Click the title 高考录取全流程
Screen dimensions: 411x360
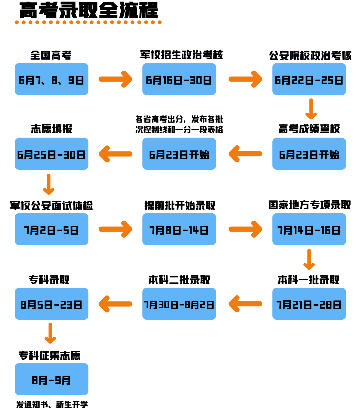88,10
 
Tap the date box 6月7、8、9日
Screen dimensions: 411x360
51,79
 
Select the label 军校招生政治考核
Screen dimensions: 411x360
181,55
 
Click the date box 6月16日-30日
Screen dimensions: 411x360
179,79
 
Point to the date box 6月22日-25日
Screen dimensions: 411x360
309,79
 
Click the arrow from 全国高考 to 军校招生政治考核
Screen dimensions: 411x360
115,79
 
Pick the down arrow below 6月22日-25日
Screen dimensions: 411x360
311,109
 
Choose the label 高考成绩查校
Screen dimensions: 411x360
309,129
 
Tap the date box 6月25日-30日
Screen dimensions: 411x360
51,154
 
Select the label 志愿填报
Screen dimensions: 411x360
51,129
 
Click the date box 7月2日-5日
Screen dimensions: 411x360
51,229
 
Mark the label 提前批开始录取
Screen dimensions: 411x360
180,205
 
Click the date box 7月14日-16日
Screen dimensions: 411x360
309,229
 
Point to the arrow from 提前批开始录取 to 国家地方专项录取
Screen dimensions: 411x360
245,229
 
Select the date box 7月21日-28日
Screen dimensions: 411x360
309,304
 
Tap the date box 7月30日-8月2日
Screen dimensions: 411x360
179,304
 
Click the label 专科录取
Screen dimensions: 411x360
49,280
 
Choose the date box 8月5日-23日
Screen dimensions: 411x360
51,304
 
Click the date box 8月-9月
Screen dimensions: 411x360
51,379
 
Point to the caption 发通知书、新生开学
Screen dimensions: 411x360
52,404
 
